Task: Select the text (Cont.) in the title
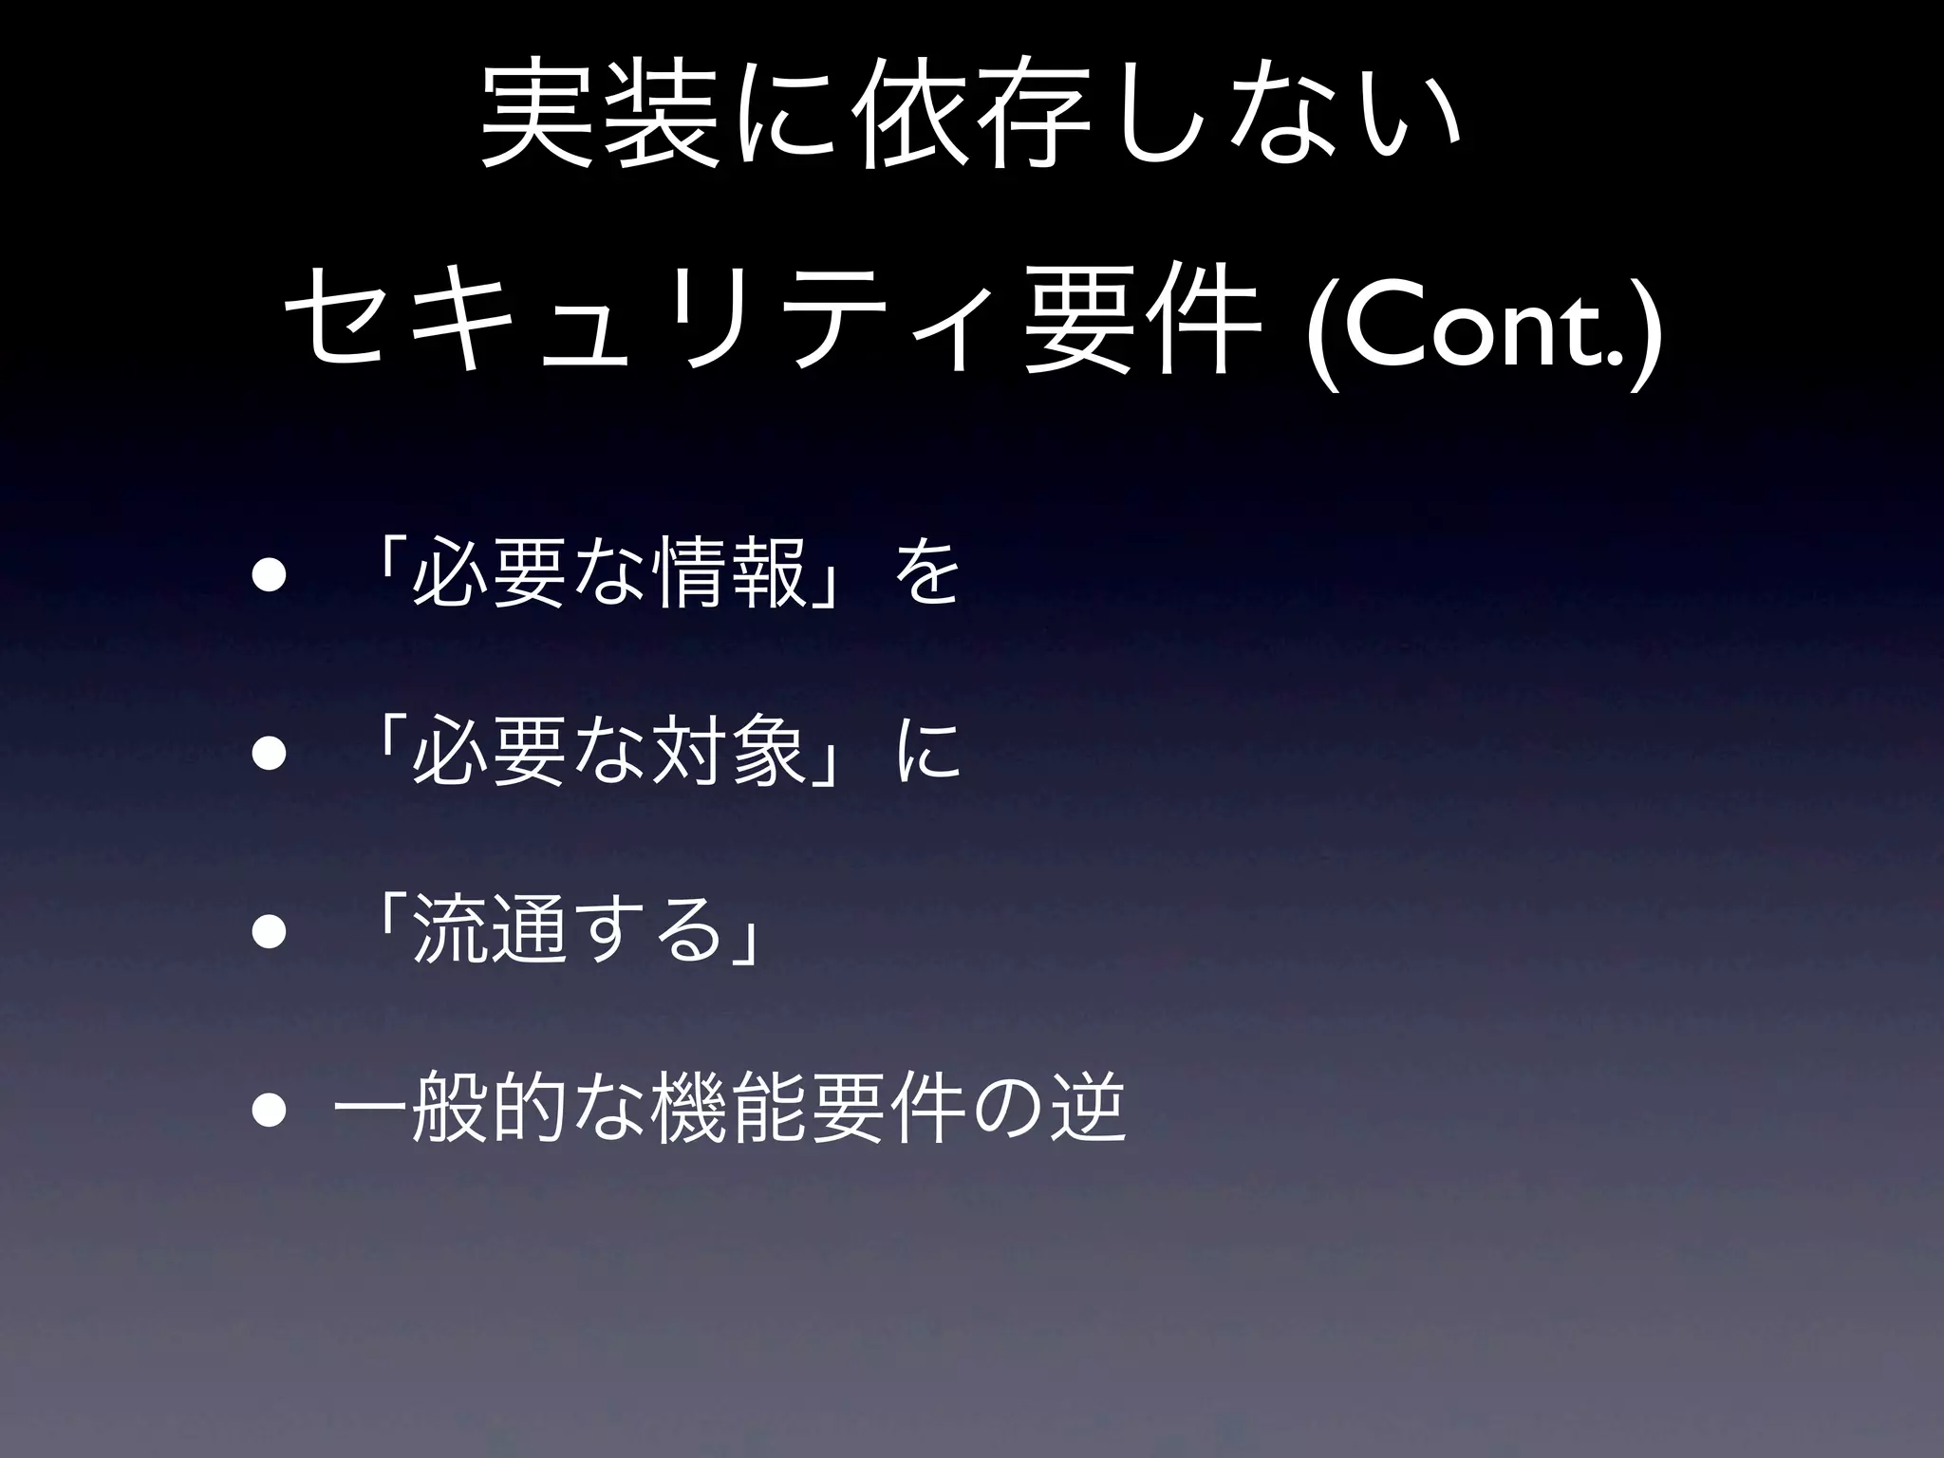1484,333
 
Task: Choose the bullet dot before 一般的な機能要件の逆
269,1111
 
